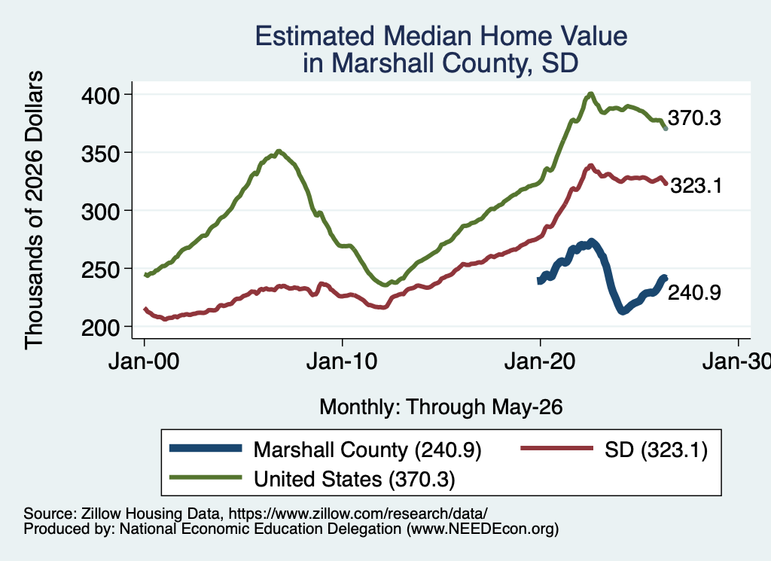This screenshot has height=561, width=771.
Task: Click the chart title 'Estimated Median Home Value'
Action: coord(441,36)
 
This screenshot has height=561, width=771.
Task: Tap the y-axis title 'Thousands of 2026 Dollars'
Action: coord(34,210)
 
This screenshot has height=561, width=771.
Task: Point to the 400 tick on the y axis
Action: coord(101,95)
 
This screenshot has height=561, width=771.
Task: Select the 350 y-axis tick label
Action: coord(101,153)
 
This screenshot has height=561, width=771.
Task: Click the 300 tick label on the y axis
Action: coord(101,211)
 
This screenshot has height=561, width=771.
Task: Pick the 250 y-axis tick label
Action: coord(101,269)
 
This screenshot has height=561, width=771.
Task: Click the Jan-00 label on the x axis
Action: coord(144,362)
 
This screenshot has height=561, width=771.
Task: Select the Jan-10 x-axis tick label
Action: coord(343,362)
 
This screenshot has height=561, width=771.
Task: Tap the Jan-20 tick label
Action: coord(540,362)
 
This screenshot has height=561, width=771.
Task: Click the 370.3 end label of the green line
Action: coord(694,118)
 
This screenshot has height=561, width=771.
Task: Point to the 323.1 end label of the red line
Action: coord(696,186)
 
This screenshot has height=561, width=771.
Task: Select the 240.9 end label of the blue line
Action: coord(694,292)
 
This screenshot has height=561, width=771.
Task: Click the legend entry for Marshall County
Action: coord(325,450)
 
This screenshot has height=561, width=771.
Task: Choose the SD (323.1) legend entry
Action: coord(614,450)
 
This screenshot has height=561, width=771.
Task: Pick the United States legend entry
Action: coord(312,478)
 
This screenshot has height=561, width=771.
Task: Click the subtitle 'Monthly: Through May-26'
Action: coord(441,407)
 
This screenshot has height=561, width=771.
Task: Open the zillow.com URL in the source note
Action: coord(358,514)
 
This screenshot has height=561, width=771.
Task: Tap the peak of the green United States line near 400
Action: coord(591,93)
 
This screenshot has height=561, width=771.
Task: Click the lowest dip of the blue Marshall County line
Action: coord(623,311)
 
